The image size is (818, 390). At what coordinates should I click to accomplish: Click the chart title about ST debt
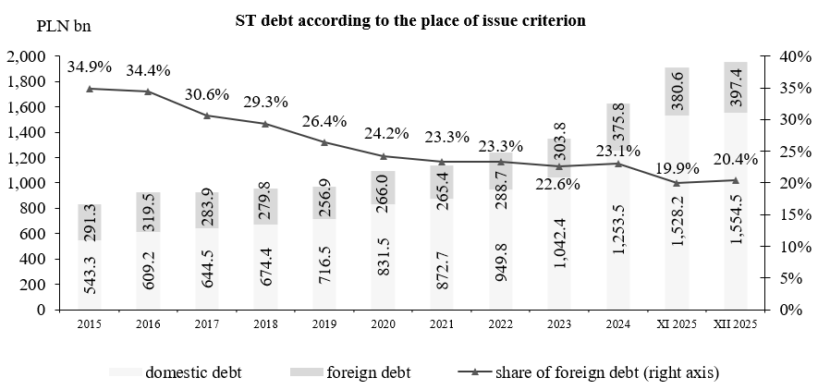410,19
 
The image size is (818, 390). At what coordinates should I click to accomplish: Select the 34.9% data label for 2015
89,67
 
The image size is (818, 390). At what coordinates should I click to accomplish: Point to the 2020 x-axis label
383,325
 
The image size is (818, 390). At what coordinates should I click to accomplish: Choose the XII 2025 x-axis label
735,325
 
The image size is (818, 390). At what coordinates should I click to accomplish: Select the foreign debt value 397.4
736,89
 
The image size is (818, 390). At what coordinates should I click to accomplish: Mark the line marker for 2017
206,116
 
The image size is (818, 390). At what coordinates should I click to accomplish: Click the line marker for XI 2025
677,183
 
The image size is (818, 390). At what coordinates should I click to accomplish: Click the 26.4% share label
325,121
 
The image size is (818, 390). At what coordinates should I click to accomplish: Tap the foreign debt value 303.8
560,146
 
